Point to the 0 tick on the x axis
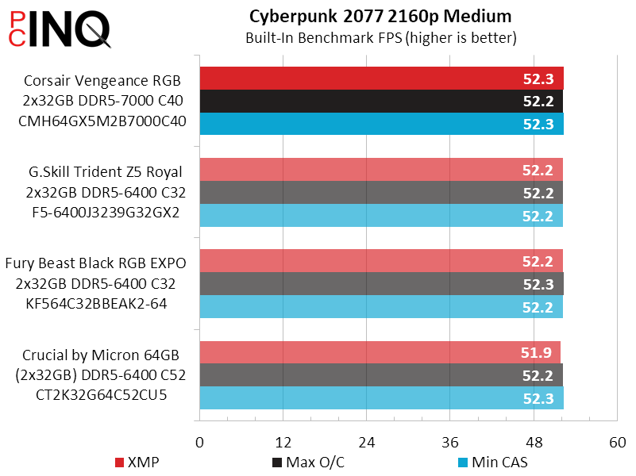click(x=199, y=442)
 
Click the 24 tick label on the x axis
click(x=366, y=442)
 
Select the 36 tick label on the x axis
click(x=449, y=442)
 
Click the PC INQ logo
click(x=56, y=30)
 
